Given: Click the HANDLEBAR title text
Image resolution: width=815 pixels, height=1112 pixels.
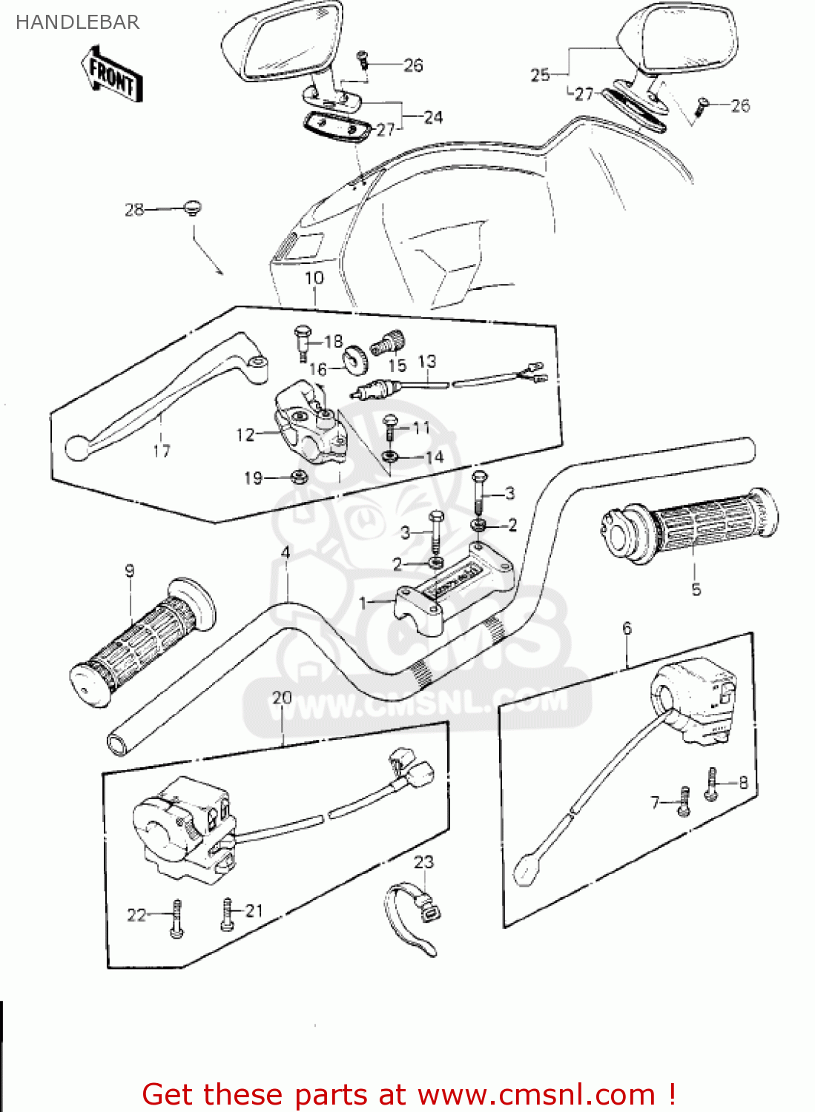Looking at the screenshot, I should (77, 22).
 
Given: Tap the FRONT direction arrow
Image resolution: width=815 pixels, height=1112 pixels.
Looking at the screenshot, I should (111, 73).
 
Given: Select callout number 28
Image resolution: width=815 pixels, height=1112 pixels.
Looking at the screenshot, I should (133, 210).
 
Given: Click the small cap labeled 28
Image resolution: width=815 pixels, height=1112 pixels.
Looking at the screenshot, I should (193, 208).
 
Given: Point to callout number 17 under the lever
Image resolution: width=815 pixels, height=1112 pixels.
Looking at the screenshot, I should (161, 451).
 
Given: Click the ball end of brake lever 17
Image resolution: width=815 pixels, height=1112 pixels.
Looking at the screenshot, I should (76, 448).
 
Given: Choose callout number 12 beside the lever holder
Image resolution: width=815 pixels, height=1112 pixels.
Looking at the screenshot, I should (245, 435).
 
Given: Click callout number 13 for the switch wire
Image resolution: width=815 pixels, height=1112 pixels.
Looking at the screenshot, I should (427, 362).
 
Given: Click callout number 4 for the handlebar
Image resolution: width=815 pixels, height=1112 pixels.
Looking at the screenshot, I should (286, 552).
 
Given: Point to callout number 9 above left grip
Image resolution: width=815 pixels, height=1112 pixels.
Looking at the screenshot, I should (130, 571).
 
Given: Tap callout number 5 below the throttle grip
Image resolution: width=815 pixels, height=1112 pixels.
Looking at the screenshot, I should (696, 589).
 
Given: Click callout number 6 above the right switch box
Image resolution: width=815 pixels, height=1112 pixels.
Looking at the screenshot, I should (627, 629).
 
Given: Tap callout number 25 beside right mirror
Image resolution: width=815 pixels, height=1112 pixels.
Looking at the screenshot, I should (540, 74).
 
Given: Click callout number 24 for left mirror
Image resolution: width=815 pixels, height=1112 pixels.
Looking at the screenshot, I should (433, 117).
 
